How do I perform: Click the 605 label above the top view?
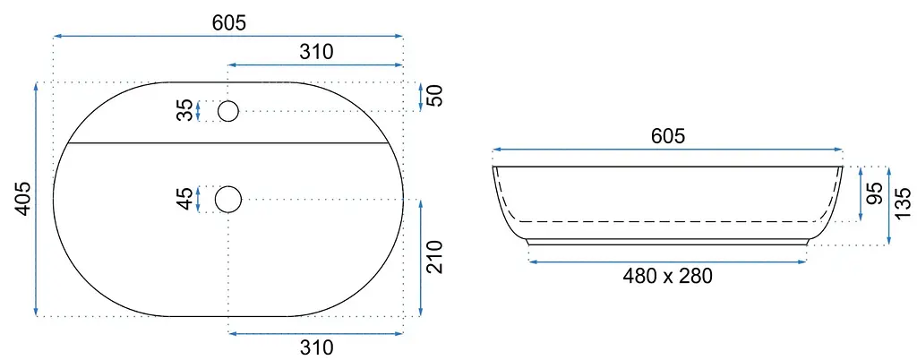point(228,22)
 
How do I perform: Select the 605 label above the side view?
point(667,136)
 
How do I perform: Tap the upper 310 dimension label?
point(316,51)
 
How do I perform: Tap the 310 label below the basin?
point(316,347)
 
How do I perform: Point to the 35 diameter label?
point(184,110)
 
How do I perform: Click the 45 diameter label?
point(184,199)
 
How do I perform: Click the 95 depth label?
point(875,193)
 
